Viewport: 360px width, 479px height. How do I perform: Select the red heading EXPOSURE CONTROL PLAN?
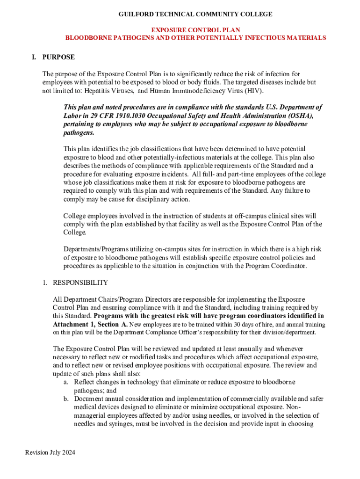click(195, 30)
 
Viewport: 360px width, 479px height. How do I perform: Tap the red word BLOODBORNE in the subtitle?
click(83, 38)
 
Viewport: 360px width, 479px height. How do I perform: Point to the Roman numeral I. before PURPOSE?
click(34, 57)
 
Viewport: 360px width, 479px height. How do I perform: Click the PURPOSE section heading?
click(58, 57)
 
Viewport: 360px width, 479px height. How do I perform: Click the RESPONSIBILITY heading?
click(80, 283)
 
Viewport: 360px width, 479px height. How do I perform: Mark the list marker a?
click(66, 382)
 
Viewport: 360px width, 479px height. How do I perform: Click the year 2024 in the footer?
click(67, 452)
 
